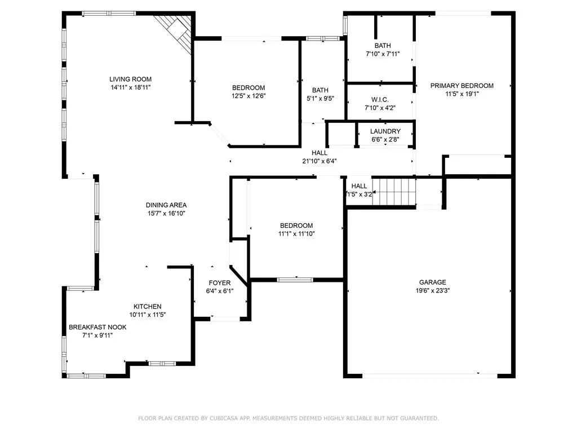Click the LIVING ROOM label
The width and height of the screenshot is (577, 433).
(x=130, y=79)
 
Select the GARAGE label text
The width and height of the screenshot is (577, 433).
(x=433, y=282)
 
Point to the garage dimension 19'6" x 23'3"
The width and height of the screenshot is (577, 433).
(x=433, y=290)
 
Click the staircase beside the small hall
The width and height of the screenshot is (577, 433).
(x=394, y=192)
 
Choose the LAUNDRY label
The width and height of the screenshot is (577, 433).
(x=385, y=131)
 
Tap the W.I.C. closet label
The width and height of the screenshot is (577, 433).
(x=380, y=100)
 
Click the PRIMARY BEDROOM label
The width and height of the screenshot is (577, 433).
(x=462, y=86)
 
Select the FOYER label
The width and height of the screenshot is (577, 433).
(x=220, y=283)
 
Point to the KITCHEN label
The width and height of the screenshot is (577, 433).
(x=147, y=307)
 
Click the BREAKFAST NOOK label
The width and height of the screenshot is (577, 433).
(x=97, y=328)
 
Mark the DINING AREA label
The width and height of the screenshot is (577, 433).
(x=166, y=205)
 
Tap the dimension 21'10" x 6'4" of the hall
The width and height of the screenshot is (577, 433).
(x=319, y=161)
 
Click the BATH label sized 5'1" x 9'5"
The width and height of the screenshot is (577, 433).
(x=320, y=90)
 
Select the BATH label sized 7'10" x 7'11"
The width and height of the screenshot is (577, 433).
(x=383, y=46)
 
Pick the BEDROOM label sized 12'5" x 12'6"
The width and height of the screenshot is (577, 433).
(x=248, y=88)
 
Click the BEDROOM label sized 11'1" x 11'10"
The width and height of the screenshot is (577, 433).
(x=296, y=226)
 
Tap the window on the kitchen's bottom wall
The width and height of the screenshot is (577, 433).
(x=162, y=364)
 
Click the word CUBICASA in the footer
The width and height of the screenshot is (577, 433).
(x=224, y=418)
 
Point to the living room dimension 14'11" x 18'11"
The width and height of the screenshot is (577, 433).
(x=131, y=87)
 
